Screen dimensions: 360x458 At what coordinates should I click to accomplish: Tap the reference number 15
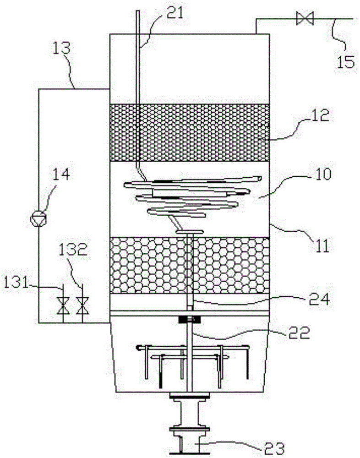346,62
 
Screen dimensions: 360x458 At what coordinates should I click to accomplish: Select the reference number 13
61,48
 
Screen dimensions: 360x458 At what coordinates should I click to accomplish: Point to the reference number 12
320,116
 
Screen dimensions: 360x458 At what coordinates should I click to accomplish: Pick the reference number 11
321,245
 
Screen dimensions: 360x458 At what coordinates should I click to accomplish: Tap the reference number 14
61,174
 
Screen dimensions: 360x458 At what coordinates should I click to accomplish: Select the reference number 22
299,333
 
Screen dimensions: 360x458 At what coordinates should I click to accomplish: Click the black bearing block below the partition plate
190,320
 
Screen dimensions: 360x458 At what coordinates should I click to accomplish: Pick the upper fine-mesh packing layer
189,133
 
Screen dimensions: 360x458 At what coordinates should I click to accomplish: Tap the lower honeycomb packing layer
189,265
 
